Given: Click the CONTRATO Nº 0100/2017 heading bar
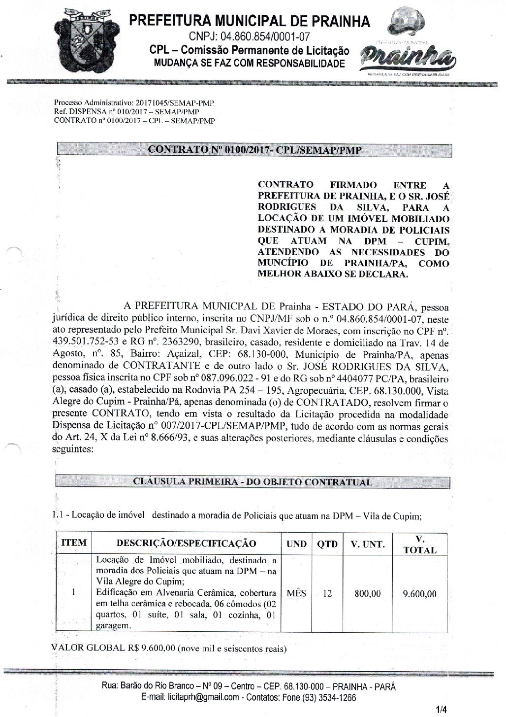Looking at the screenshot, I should tap(254, 150).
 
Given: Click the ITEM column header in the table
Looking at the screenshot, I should tap(74, 543).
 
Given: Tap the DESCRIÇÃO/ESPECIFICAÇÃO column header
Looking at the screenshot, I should tap(186, 544).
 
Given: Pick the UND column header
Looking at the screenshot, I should tap(296, 544).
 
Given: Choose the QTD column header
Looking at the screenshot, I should tap(327, 544).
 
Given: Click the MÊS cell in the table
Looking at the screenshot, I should tap(296, 593).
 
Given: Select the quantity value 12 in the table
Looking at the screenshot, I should tap(327, 593).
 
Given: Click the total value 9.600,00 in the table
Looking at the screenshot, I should tap(419, 594).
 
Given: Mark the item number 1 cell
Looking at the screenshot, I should tap(73, 593).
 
